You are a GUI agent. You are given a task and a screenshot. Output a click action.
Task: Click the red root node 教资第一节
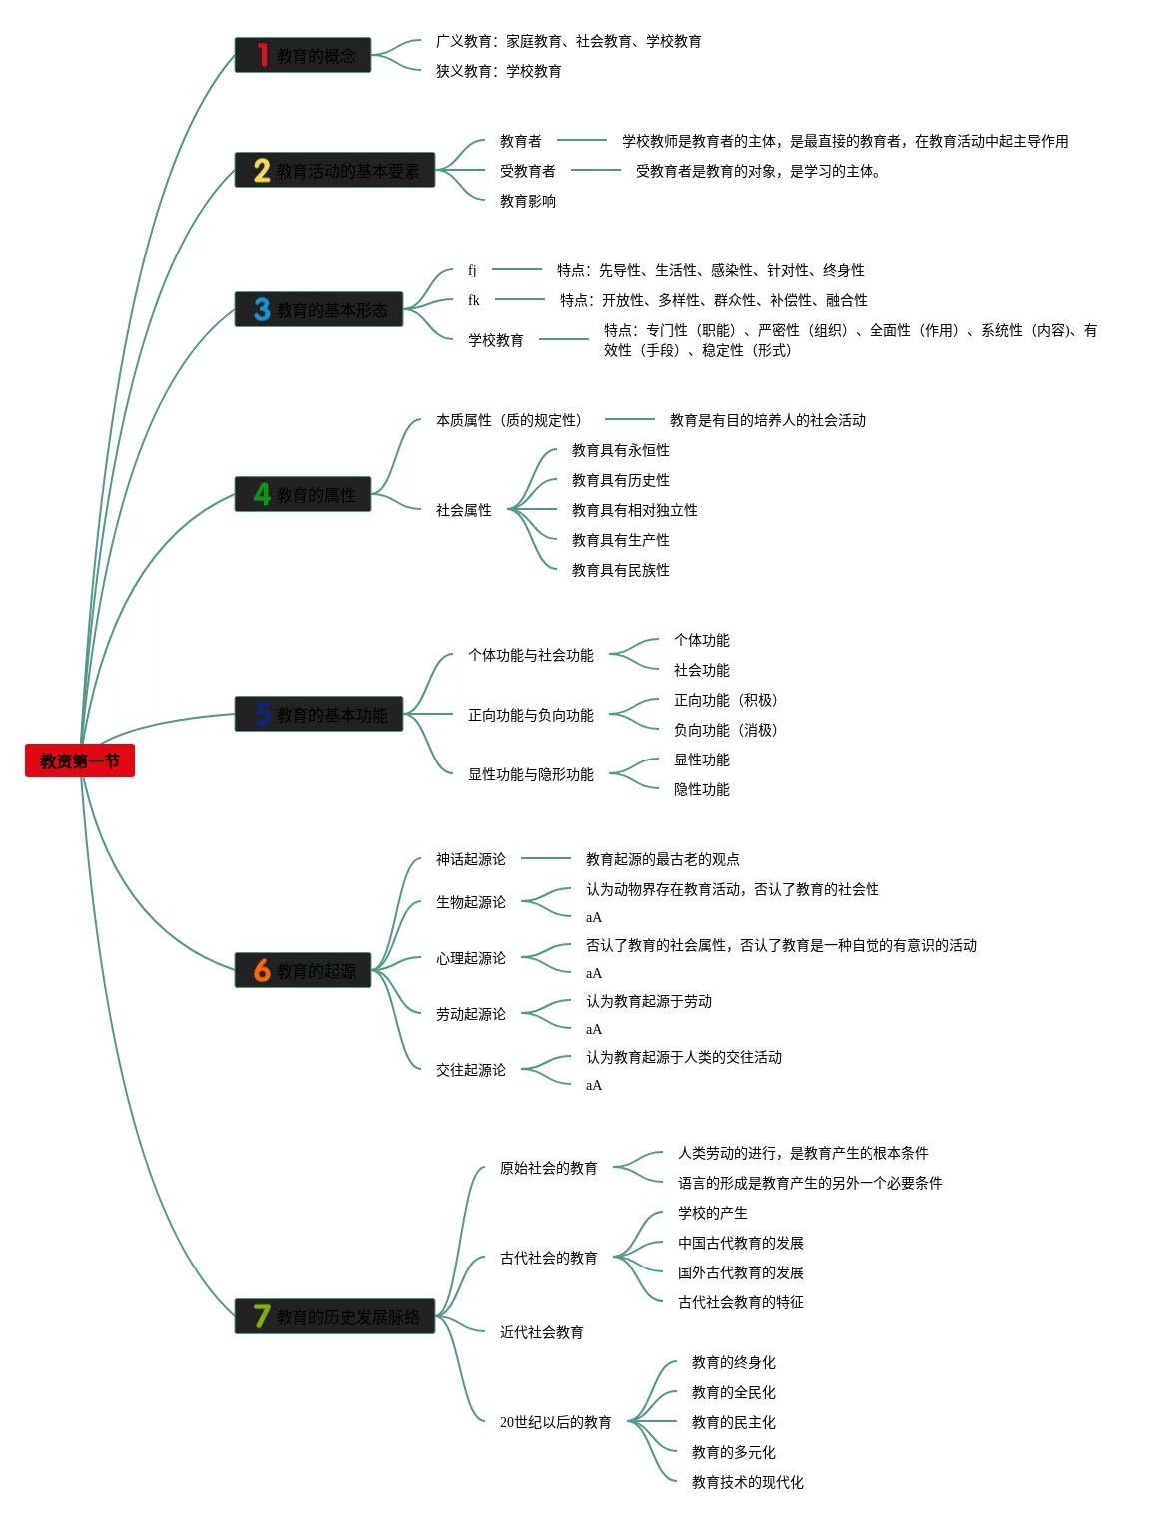(80, 760)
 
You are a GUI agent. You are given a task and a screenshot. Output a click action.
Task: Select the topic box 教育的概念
(302, 56)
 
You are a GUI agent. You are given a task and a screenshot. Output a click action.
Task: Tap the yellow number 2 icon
(262, 171)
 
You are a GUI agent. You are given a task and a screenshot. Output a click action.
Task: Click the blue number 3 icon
(262, 310)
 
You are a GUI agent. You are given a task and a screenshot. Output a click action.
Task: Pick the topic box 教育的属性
(302, 495)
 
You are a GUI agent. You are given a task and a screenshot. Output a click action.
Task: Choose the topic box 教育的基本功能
(318, 715)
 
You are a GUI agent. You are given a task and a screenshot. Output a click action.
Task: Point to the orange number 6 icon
(262, 970)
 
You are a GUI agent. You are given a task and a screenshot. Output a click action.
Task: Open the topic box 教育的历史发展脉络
(334, 1317)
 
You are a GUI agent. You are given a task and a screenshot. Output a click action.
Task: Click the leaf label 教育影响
(527, 201)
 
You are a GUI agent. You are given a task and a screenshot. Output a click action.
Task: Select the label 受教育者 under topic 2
(527, 171)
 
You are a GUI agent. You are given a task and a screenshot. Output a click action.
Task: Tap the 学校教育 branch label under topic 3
(496, 340)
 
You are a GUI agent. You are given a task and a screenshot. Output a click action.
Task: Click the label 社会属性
(463, 510)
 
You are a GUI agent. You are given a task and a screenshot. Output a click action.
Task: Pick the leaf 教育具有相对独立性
(634, 510)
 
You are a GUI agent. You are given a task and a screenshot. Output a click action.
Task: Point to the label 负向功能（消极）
(726, 730)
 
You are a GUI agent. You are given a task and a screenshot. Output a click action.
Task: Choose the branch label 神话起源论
(470, 859)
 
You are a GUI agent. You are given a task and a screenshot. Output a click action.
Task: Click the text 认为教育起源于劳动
(648, 1001)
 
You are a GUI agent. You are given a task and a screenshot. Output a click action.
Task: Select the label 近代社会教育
(541, 1332)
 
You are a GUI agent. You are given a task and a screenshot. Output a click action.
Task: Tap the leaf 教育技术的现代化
(747, 1482)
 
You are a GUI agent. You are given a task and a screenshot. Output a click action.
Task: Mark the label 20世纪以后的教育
(555, 1422)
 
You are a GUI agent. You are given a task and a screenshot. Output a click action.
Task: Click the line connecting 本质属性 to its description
(629, 419)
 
